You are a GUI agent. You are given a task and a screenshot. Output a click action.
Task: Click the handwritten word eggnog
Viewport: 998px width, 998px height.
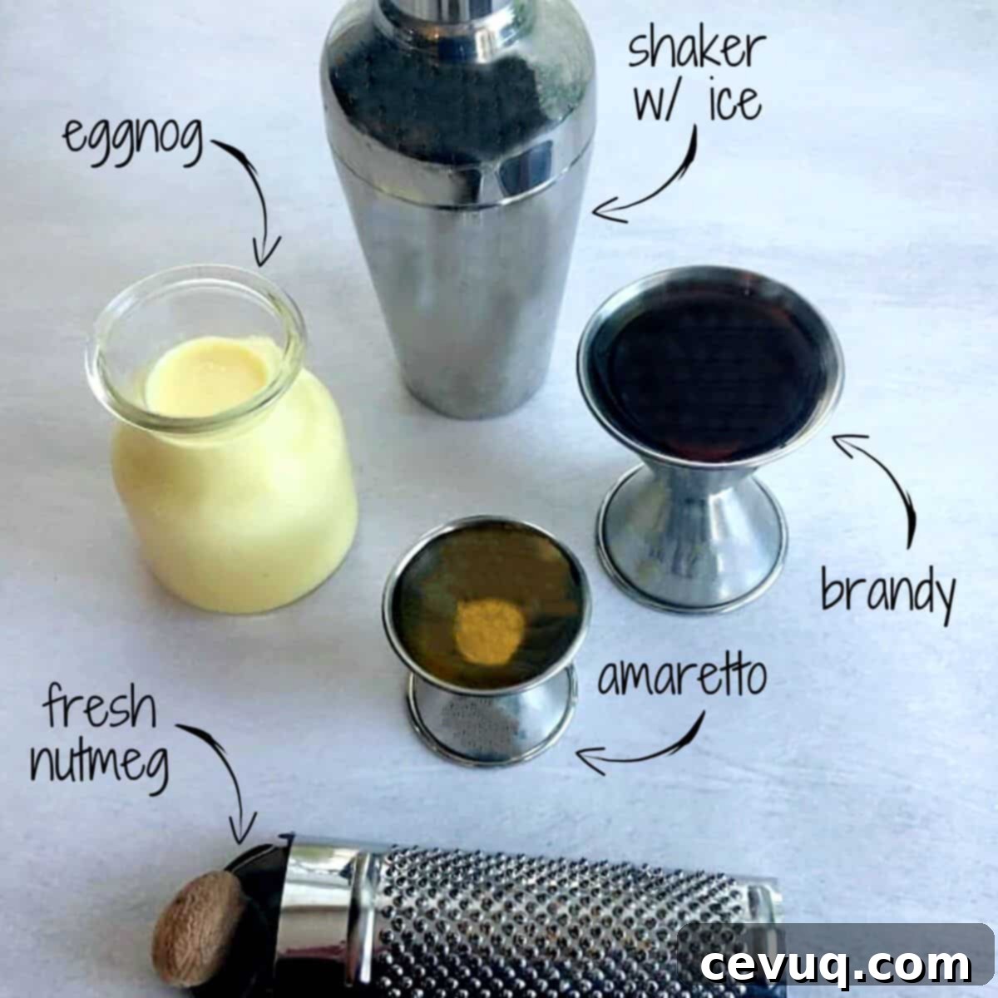point(133,140)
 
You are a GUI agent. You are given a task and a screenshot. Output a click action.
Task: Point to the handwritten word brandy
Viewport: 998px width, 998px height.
point(887,595)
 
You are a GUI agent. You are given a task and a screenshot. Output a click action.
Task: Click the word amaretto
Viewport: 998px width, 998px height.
point(682,678)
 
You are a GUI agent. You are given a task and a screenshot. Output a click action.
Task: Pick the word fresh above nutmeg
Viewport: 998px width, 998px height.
point(100,706)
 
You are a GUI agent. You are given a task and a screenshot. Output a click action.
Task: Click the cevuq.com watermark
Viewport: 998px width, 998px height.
point(835,965)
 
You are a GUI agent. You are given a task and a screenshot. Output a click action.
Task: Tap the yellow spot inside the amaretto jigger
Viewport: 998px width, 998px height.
point(490,630)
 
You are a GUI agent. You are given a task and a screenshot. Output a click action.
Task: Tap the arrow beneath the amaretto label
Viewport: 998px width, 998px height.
point(654,752)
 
